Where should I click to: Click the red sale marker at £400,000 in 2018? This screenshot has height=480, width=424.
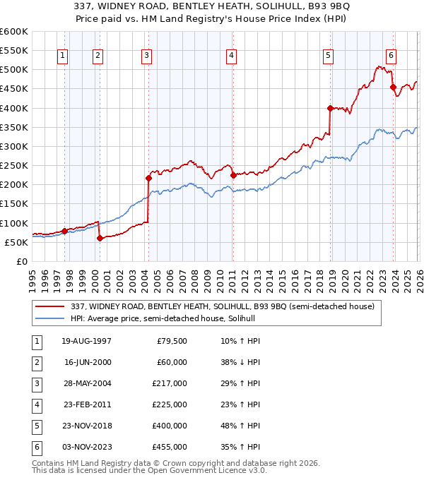coord(330,108)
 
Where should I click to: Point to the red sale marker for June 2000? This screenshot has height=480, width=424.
coord(100,238)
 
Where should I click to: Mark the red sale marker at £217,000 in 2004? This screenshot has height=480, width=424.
coord(149,178)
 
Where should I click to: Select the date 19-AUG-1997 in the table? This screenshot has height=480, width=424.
coord(88,341)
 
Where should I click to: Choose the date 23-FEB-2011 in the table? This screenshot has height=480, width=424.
coord(88,404)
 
